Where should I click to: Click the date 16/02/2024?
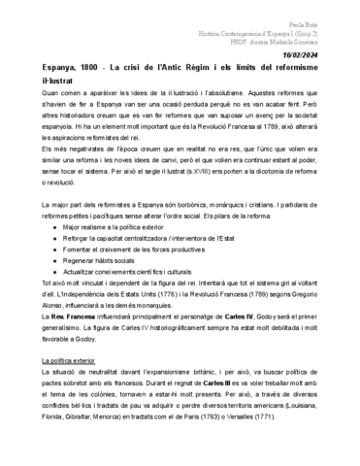(x=323, y=56)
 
